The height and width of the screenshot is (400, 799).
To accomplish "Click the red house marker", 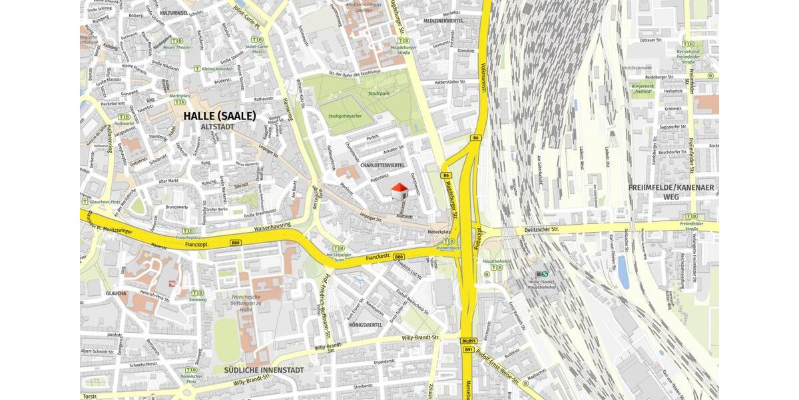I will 399,191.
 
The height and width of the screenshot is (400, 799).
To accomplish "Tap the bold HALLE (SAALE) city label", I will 219,116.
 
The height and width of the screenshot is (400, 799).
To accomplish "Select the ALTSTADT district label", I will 218,126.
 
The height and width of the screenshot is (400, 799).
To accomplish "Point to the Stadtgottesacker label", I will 345,116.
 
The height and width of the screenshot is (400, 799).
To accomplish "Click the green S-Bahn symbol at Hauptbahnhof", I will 545,273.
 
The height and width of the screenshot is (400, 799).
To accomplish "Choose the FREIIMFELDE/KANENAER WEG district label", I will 670,192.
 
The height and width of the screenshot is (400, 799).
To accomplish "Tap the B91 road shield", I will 468,349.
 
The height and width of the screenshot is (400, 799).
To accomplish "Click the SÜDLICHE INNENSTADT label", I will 264,370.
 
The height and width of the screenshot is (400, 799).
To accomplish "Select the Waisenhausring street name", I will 272,228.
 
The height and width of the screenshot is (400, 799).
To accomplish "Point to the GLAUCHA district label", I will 116,293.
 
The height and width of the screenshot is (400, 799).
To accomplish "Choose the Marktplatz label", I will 180,95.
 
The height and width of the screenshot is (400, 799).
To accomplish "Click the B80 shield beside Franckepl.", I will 234,243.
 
